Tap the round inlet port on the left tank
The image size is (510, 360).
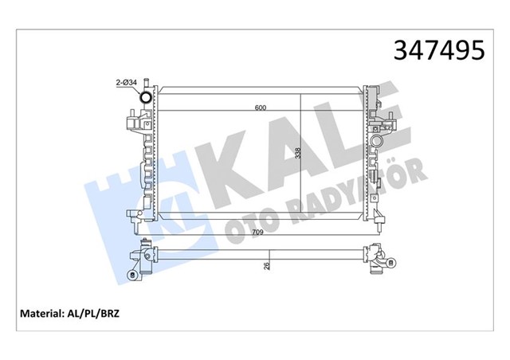tap(146, 99)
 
